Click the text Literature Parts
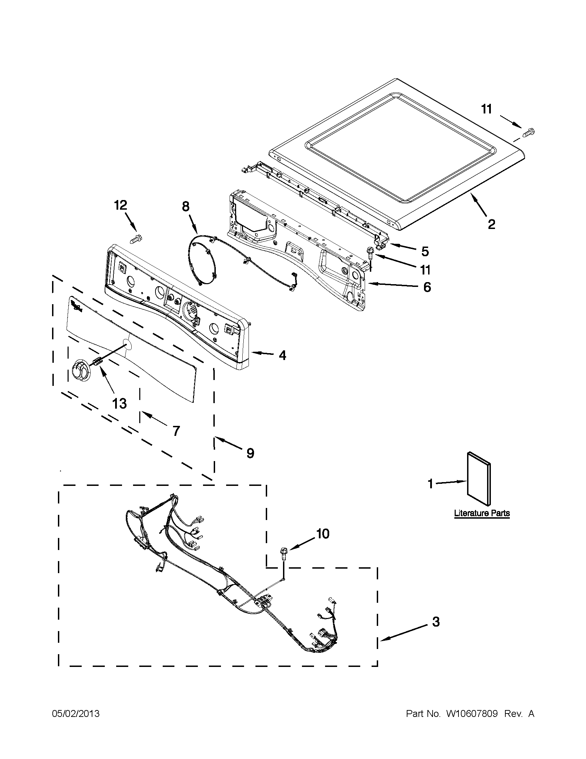click(x=482, y=513)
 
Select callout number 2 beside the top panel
click(x=491, y=224)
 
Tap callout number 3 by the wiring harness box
click(x=436, y=622)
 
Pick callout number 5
click(x=425, y=251)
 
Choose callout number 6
click(x=426, y=287)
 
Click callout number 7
click(x=176, y=431)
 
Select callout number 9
click(x=250, y=453)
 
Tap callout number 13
click(x=119, y=403)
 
